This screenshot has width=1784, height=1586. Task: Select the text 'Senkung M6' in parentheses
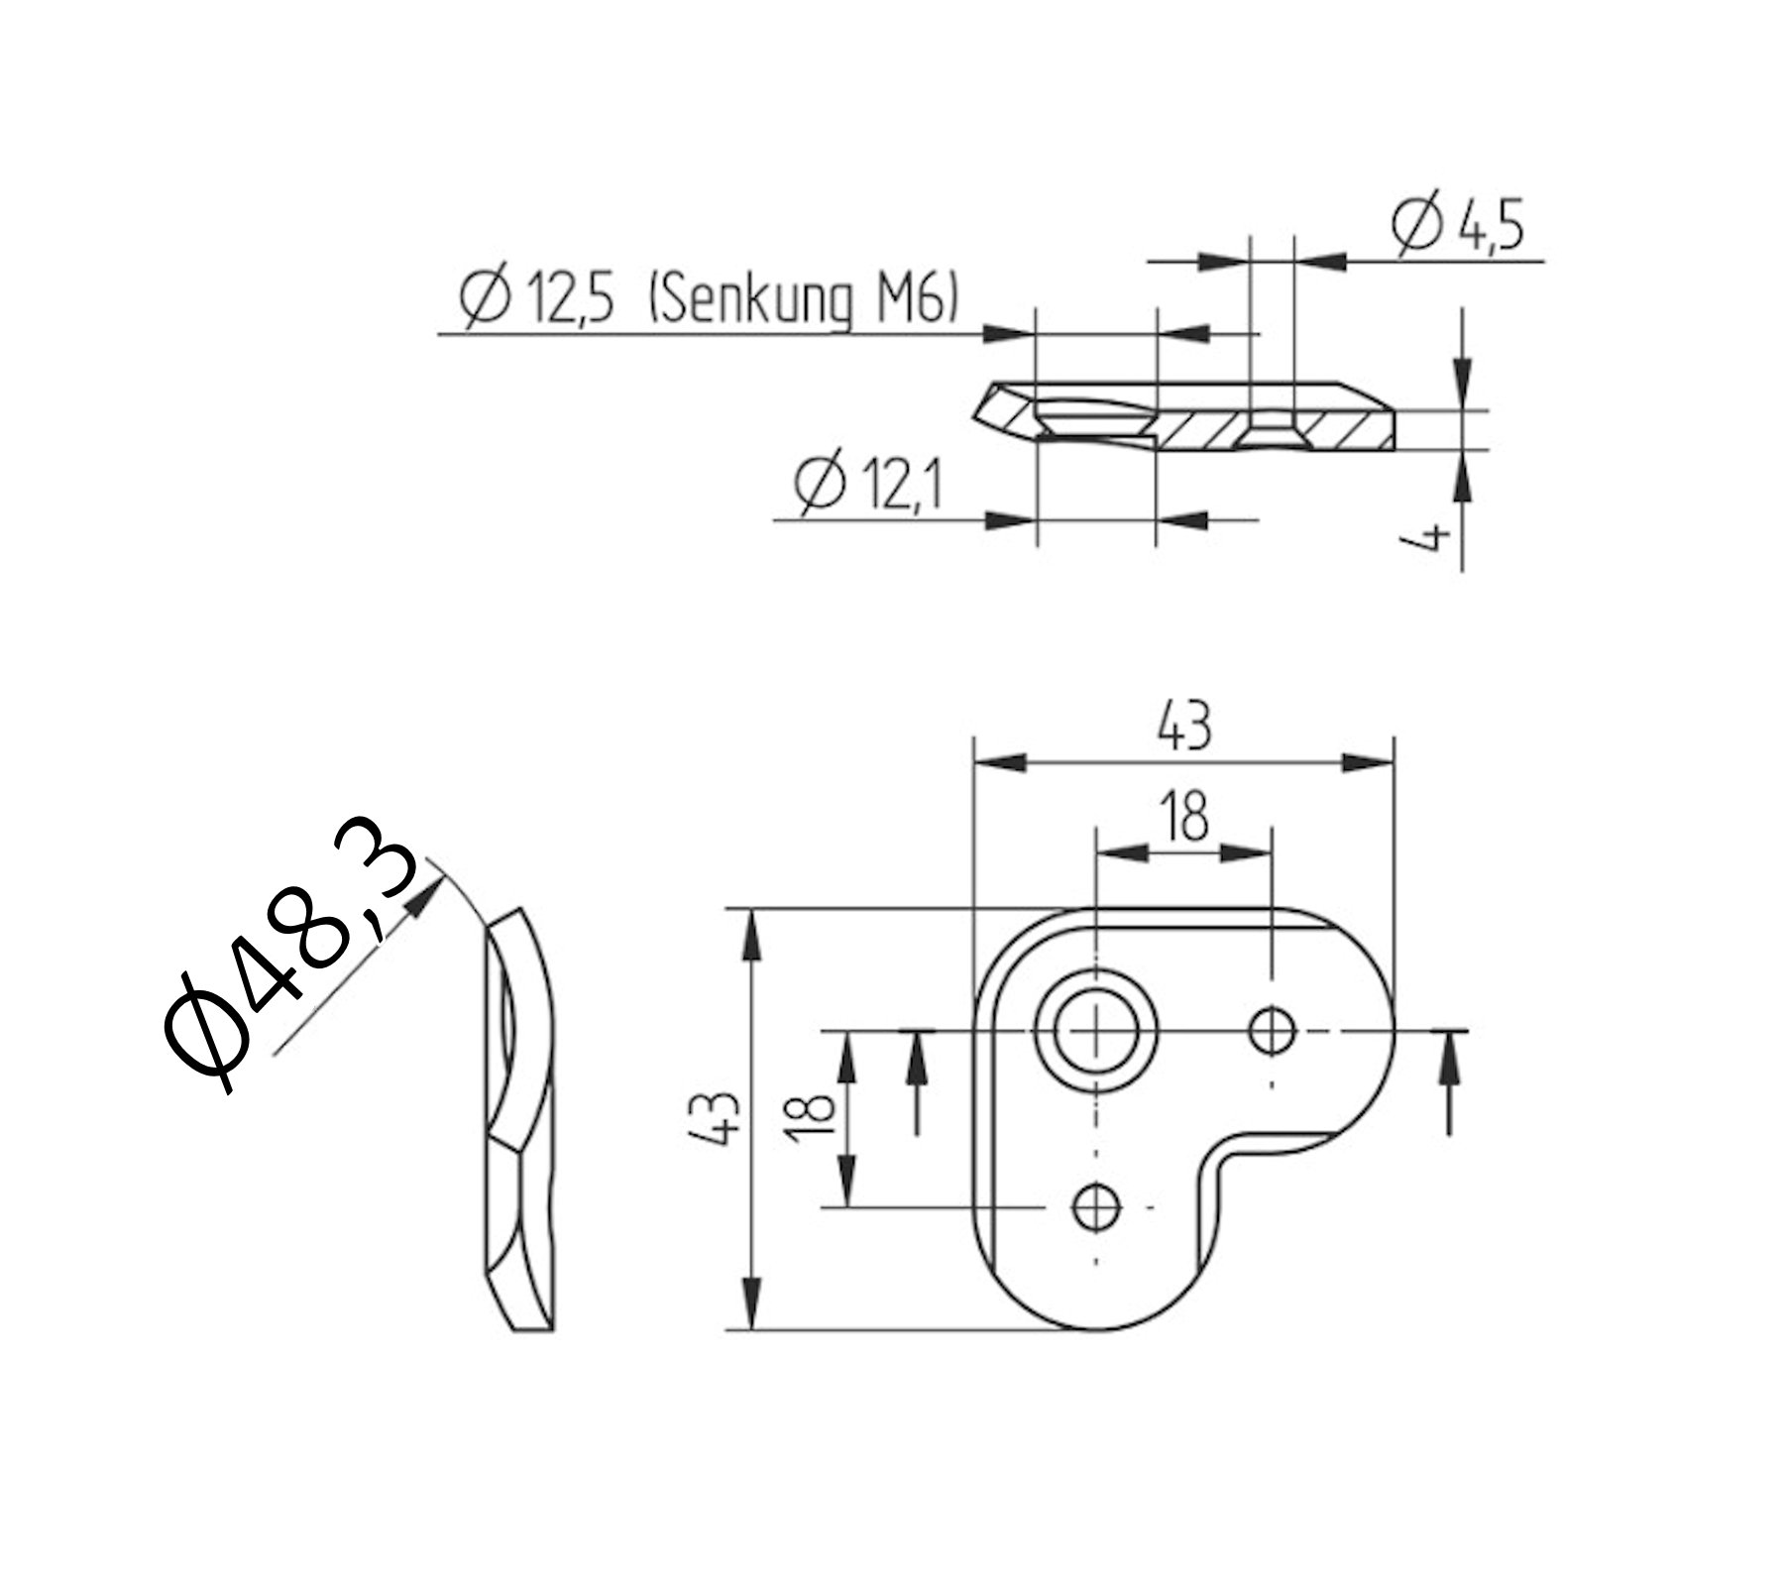803,300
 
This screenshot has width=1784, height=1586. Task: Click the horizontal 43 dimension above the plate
1183,728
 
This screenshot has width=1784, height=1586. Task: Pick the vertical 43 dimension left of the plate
719,1117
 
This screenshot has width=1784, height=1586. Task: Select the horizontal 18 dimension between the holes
1183,817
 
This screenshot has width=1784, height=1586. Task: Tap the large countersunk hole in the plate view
1094,1032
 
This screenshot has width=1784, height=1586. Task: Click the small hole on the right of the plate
1272,1032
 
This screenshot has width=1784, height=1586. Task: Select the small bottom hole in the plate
1096,1206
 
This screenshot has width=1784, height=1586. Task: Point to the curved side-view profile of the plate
520,1120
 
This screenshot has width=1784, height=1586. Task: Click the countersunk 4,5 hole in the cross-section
1272,433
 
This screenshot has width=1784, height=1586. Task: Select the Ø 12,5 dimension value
540,300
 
